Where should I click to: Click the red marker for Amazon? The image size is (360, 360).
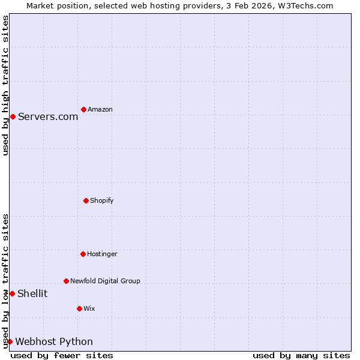click(x=83, y=109)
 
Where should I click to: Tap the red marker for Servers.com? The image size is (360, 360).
click(x=13, y=116)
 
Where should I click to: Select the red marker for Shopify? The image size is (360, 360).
click(x=86, y=200)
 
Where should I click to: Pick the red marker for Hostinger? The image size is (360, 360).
click(x=83, y=254)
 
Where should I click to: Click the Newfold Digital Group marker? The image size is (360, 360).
click(x=66, y=281)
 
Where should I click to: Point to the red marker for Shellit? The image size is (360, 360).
click(x=12, y=293)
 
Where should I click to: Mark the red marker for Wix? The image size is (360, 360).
click(x=79, y=308)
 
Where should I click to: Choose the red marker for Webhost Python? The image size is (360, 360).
click(x=10, y=341)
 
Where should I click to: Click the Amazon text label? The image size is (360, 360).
click(x=100, y=109)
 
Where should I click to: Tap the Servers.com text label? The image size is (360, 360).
click(x=48, y=116)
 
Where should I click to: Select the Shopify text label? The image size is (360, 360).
click(x=102, y=200)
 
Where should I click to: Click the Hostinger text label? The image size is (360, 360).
click(x=102, y=254)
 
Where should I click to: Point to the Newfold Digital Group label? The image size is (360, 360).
click(x=105, y=281)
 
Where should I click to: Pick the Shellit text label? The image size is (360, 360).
click(x=32, y=293)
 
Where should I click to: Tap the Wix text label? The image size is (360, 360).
click(x=89, y=308)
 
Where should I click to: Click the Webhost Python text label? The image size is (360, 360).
click(x=54, y=341)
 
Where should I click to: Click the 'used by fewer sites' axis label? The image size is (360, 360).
click(x=62, y=355)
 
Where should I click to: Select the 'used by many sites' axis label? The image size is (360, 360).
click(x=301, y=355)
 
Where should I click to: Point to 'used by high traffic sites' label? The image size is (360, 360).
click(x=5, y=86)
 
